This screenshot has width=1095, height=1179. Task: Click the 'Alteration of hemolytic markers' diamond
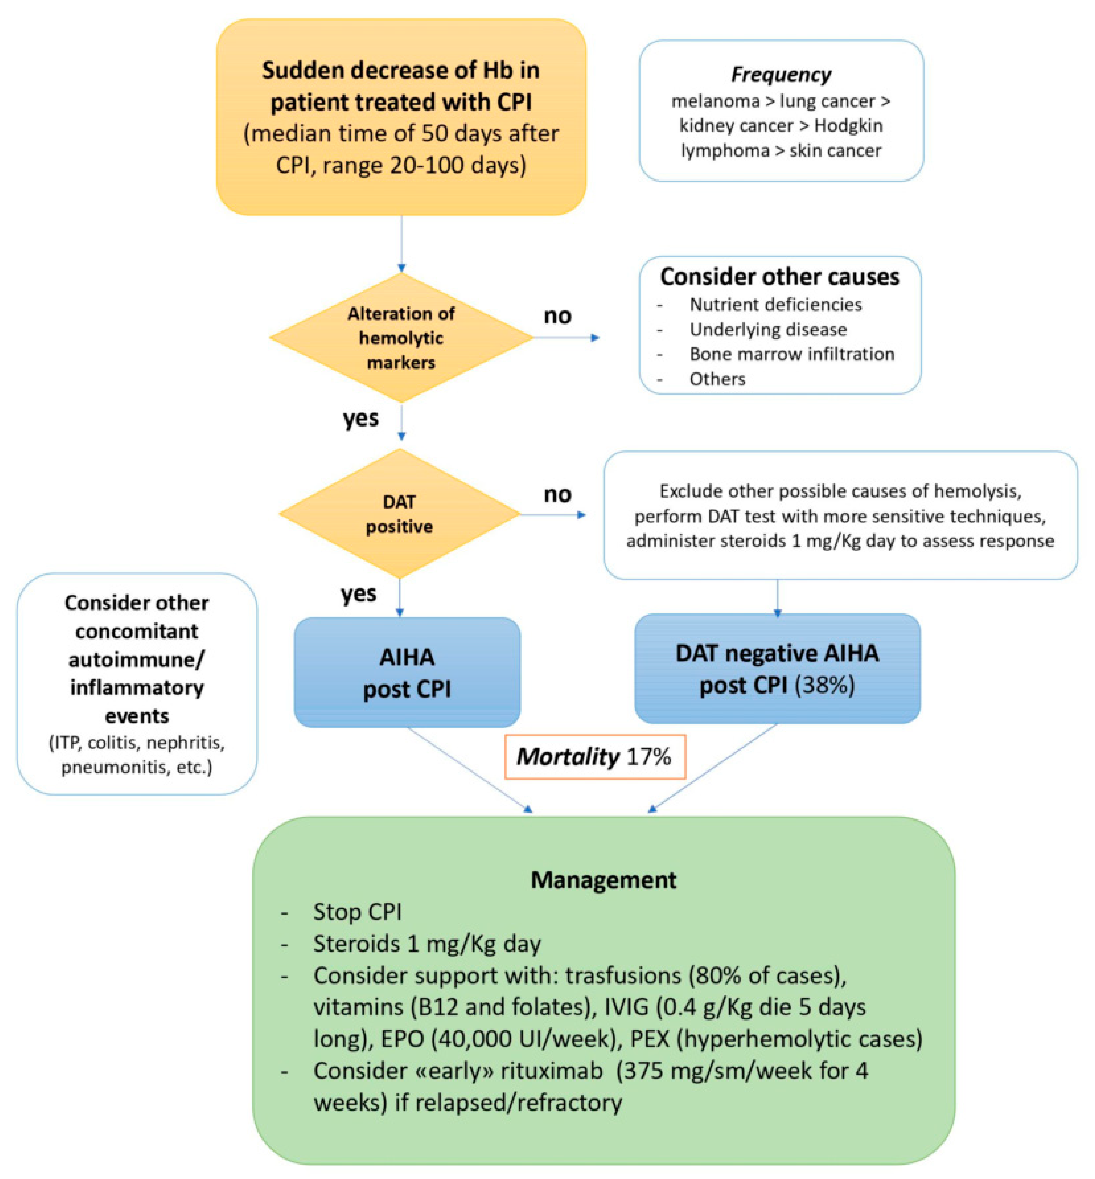click(x=401, y=338)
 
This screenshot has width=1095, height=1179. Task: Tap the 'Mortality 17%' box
click(x=594, y=756)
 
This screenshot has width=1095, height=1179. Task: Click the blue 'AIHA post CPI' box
click(x=407, y=672)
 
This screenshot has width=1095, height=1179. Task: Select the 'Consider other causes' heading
click(x=780, y=277)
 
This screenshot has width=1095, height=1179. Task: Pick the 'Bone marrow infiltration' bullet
click(x=792, y=354)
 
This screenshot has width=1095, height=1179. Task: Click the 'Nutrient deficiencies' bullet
click(x=775, y=305)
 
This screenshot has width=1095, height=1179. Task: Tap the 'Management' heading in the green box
click(x=603, y=880)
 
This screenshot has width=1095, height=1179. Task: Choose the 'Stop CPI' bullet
click(x=357, y=912)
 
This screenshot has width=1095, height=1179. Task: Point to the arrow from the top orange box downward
click(x=401, y=243)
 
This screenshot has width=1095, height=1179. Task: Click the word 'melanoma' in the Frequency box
click(x=715, y=101)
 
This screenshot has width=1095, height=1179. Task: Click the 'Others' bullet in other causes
click(x=717, y=379)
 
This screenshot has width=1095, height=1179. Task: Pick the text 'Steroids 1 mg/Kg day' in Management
click(x=427, y=944)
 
